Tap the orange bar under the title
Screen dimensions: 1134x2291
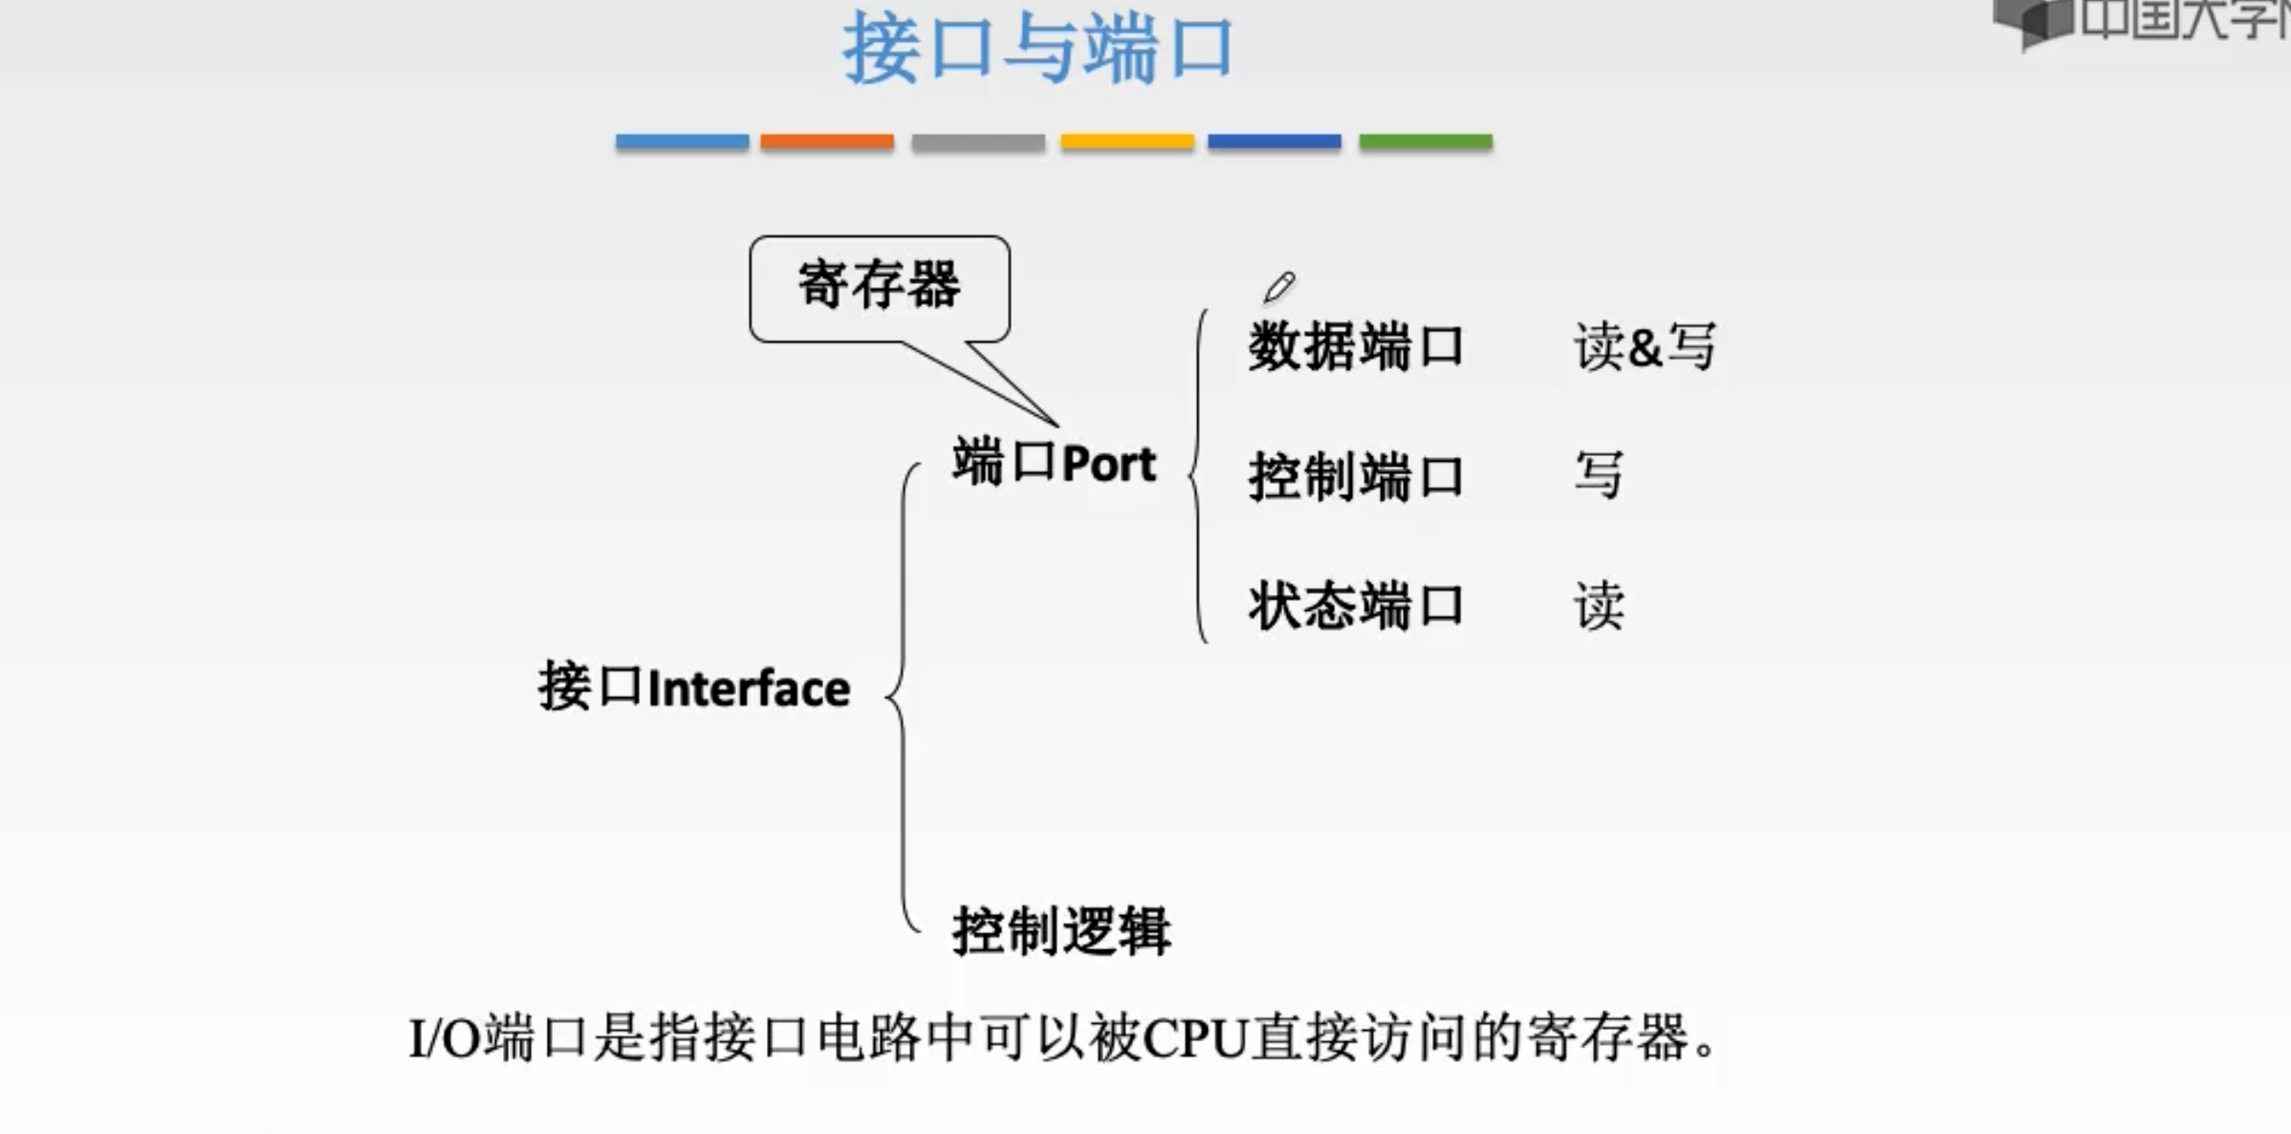pos(827,142)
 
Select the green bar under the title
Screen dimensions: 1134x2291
pos(1426,142)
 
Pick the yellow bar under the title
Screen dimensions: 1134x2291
pos(1126,142)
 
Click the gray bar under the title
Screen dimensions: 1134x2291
pos(977,142)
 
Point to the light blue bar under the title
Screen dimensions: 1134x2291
pos(682,142)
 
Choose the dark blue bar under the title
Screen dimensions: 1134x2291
pos(1274,142)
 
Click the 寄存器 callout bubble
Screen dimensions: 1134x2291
pos(879,286)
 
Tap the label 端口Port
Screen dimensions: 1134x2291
pos(1054,463)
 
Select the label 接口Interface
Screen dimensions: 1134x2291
pos(694,687)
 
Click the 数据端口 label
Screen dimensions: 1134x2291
pos(1356,346)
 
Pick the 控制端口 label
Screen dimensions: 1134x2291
pos(1356,476)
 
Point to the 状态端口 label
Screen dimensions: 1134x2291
pos(1356,606)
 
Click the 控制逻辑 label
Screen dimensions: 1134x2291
pos(1061,930)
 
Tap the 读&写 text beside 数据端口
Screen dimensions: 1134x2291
pos(1645,346)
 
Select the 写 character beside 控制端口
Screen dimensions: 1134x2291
pos(1599,475)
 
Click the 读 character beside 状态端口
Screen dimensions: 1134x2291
pos(1599,606)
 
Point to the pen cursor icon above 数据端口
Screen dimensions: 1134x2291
pos(1278,287)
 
